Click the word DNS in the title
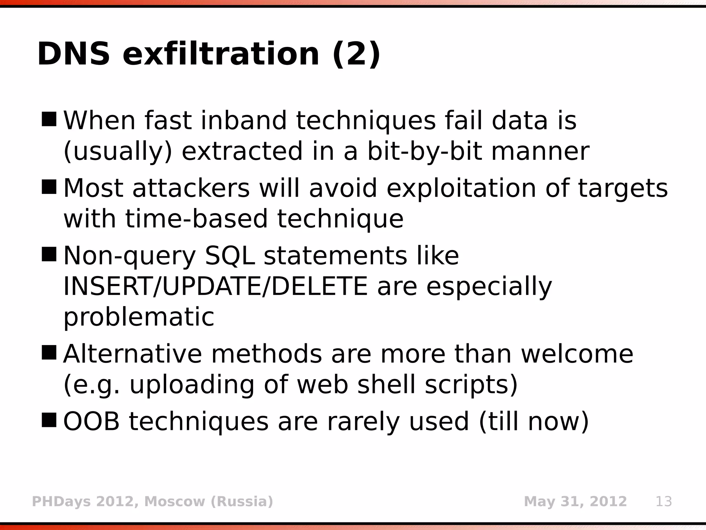coord(73,54)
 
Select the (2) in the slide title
coord(356,54)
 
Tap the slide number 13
coord(664,501)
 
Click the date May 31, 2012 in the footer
coord(575,501)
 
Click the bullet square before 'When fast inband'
coord(49,119)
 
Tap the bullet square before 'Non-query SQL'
coord(49,254)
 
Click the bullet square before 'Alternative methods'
coord(49,353)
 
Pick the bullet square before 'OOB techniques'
coord(49,420)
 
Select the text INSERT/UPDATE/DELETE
coord(215,286)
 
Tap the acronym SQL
coord(230,256)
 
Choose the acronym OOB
coord(91,422)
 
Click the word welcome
coord(577,354)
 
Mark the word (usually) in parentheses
coord(118,151)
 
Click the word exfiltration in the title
coord(221,54)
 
